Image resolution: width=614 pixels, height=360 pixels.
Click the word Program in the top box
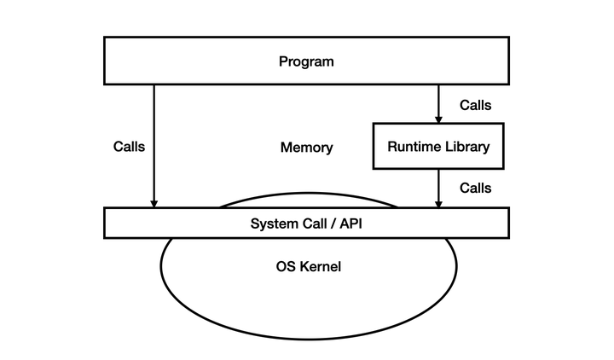[x=306, y=61]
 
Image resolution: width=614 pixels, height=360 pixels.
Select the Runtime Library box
[x=438, y=146]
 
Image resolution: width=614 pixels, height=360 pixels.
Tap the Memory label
[x=306, y=148]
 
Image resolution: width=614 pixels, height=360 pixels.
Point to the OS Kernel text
[x=308, y=267]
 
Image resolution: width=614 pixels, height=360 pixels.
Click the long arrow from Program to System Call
[x=153, y=145]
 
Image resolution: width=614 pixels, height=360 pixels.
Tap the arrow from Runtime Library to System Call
[x=438, y=188]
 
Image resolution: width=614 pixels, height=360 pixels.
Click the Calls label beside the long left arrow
[x=129, y=146]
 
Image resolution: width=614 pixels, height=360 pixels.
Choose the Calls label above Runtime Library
[x=475, y=106]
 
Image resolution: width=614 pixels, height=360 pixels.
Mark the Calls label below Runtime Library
[x=475, y=188]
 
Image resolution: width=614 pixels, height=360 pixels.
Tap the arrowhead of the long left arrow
[x=153, y=203]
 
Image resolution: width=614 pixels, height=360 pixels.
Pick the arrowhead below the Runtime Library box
[x=438, y=203]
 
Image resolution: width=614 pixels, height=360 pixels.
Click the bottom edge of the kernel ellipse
[x=307, y=339]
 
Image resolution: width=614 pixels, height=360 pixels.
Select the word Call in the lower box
[x=310, y=224]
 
